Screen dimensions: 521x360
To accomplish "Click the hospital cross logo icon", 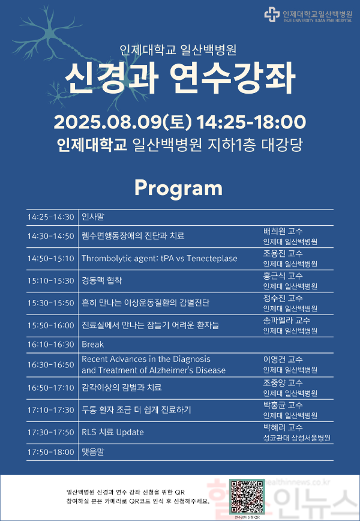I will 272,15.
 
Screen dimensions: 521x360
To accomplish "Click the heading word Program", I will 178,188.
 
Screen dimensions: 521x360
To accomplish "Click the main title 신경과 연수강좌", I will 180,76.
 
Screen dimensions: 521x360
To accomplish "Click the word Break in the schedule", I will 92,345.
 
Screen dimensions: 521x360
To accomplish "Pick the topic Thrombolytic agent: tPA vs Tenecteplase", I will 159,259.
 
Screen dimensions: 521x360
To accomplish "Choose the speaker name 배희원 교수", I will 283,231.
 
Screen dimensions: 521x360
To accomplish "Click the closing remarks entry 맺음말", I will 92,450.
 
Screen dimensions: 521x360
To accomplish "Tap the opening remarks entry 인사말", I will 92,217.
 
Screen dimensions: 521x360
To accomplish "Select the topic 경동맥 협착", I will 101,280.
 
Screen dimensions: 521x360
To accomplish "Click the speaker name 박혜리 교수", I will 283,427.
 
